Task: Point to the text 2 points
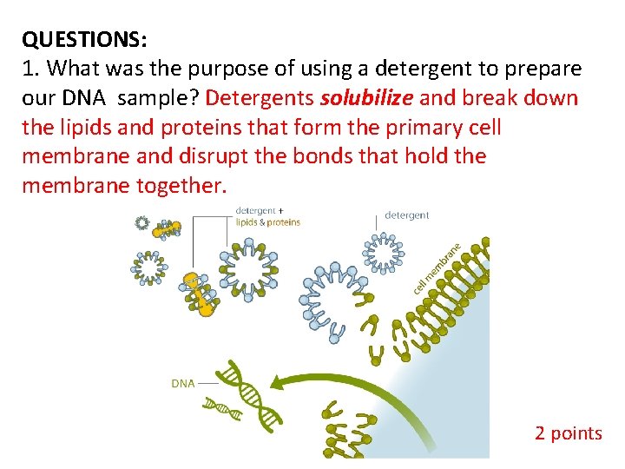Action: (568, 433)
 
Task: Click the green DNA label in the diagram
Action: (182, 383)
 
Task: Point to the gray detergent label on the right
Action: (406, 215)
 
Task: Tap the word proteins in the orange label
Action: (283, 222)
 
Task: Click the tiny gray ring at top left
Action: (142, 222)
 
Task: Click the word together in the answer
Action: (181, 186)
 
